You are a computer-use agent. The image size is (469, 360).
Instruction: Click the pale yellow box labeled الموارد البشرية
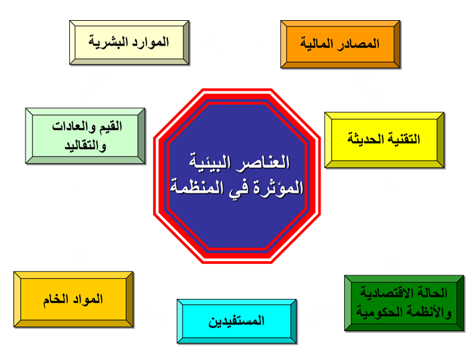(x=129, y=42)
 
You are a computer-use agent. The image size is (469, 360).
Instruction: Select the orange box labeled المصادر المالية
(x=341, y=44)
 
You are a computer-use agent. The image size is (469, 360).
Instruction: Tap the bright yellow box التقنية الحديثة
(x=384, y=140)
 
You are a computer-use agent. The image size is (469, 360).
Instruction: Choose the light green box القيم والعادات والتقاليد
(x=85, y=136)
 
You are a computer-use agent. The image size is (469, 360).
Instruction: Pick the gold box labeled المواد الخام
(x=74, y=300)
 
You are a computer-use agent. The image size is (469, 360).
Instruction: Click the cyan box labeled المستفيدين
(x=237, y=322)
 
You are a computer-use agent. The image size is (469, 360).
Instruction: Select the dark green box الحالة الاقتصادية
(x=404, y=303)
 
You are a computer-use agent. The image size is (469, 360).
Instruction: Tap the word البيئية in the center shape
(x=210, y=163)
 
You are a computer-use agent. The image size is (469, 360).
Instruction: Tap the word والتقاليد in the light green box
(x=85, y=146)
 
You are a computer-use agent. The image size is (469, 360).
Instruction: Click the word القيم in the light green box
(x=112, y=126)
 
